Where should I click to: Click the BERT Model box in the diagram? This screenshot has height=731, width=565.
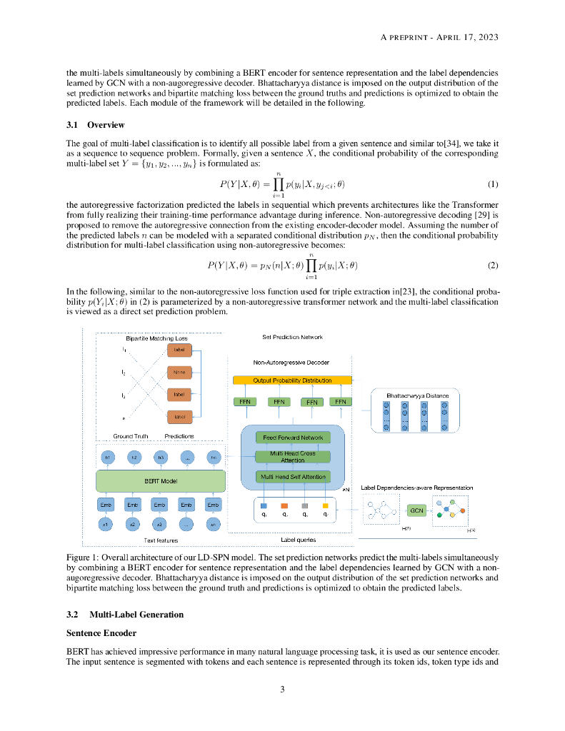tap(161, 481)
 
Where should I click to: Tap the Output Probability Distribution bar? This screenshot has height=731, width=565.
tap(292, 380)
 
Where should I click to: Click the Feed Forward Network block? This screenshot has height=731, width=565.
tap(293, 438)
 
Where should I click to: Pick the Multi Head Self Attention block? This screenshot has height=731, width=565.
tap(293, 477)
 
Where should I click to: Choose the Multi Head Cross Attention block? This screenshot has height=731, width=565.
tap(293, 457)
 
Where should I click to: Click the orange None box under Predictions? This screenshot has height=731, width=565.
tap(178, 372)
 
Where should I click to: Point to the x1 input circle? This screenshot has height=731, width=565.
tap(106, 525)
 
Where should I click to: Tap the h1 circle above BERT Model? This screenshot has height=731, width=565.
tap(108, 457)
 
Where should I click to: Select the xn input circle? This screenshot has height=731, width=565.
tap(213, 525)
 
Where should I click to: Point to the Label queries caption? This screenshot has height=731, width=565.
tap(299, 540)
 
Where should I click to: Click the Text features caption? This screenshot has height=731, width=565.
tap(160, 540)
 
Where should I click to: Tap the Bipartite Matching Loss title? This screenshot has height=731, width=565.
tap(156, 338)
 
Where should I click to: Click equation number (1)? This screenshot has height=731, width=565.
tap(492, 185)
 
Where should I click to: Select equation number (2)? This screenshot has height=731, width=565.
tap(492, 266)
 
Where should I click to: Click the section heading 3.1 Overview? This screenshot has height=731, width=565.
tap(96, 125)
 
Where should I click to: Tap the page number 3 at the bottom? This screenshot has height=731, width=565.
tap(282, 689)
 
